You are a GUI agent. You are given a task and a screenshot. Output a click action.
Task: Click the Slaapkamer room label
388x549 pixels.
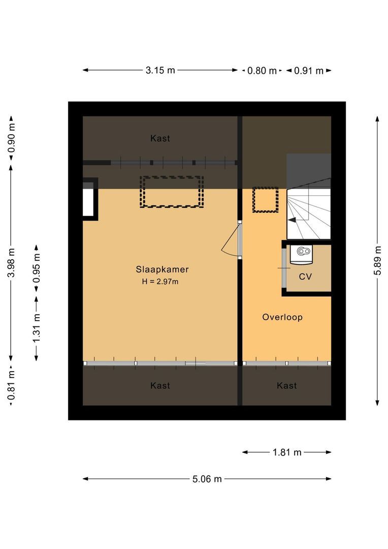(x=158, y=269)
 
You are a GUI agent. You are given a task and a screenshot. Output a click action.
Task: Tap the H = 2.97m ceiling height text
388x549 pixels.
(x=160, y=282)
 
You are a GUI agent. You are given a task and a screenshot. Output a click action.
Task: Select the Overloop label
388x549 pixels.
(x=282, y=317)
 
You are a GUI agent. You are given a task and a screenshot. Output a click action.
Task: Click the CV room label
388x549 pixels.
(x=305, y=277)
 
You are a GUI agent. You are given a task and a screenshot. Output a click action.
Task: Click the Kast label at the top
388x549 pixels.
(x=160, y=138)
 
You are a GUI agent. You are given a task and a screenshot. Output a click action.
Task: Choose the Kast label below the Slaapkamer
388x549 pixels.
(x=160, y=386)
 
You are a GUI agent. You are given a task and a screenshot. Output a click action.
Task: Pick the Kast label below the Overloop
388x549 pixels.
(x=286, y=386)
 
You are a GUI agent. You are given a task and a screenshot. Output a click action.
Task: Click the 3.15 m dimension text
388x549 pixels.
(x=160, y=71)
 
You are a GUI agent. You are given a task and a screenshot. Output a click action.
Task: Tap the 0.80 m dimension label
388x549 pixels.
(x=262, y=71)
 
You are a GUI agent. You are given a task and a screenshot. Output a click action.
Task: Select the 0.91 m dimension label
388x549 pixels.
(x=308, y=71)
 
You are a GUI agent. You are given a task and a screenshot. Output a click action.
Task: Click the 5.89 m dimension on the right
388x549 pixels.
(x=377, y=261)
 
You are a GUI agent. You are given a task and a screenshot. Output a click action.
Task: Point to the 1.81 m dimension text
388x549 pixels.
(x=287, y=452)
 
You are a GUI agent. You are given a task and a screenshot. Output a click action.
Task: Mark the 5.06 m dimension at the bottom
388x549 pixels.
(x=207, y=479)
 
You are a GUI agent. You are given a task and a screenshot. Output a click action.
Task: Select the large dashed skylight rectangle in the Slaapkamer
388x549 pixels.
(x=172, y=192)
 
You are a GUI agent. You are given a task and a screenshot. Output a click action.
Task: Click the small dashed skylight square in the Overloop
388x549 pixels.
(x=266, y=200)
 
